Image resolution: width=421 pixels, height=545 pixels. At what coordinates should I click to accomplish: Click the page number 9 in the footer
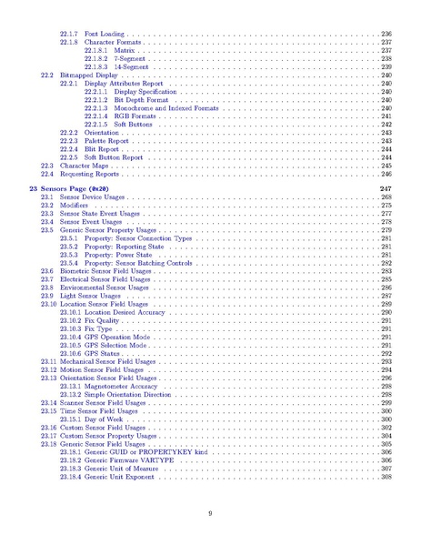210,514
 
